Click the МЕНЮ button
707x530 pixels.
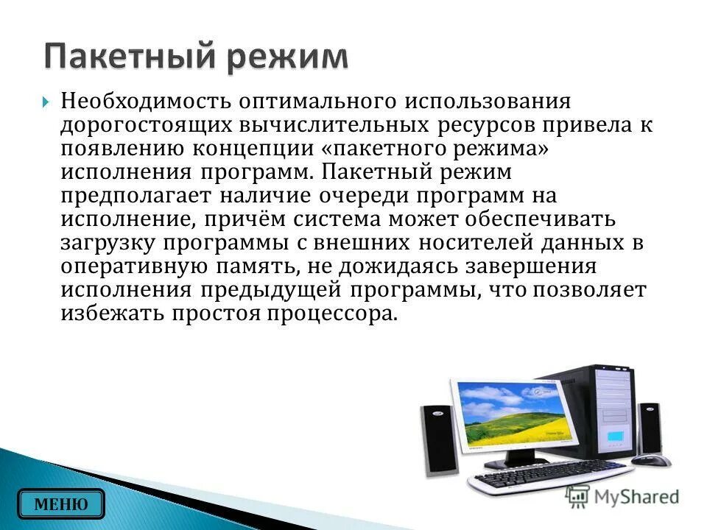click(x=61, y=504)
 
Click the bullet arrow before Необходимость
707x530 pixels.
click(x=46, y=101)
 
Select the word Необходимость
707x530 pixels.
click(x=144, y=100)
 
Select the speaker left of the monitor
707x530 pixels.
click(x=439, y=439)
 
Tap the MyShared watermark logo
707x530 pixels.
click(x=622, y=497)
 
